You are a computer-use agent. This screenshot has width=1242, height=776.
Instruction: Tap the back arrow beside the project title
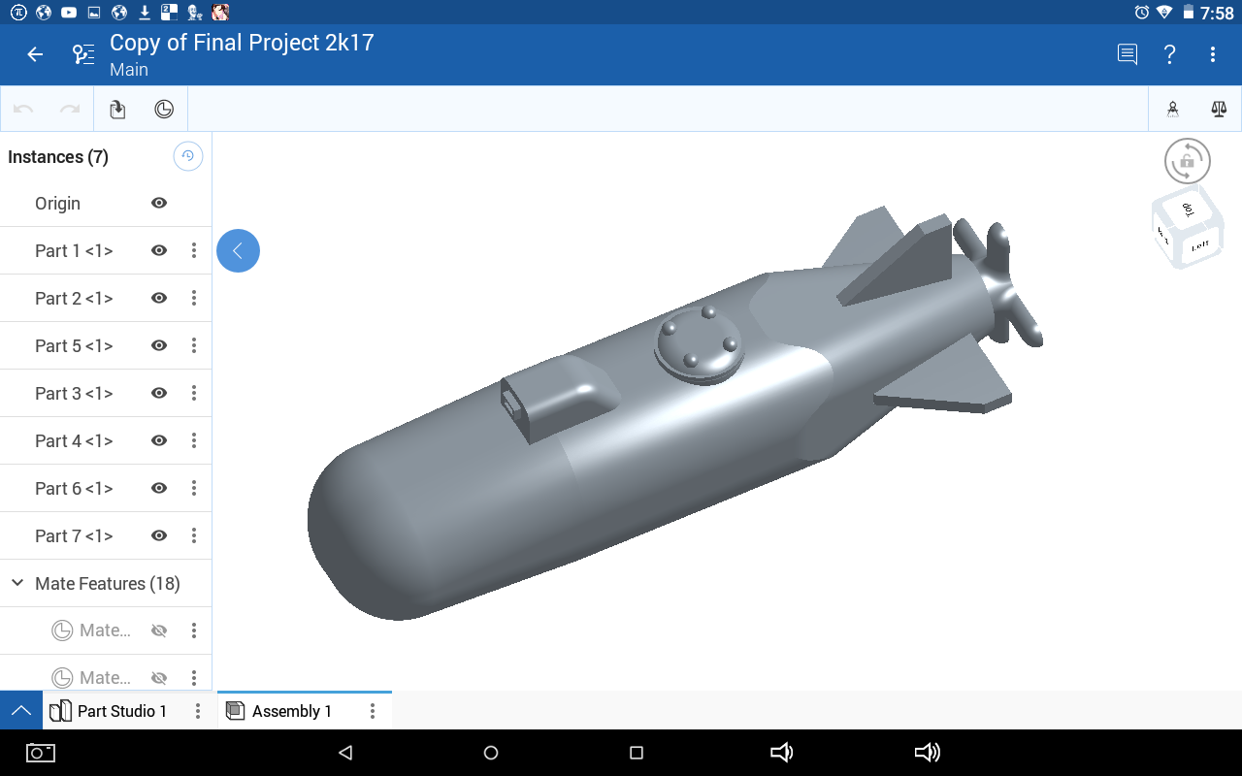pyautogui.click(x=35, y=54)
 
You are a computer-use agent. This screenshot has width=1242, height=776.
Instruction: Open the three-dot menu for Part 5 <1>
pyautogui.click(x=194, y=345)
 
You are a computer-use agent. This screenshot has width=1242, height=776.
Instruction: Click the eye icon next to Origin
pyautogui.click(x=159, y=203)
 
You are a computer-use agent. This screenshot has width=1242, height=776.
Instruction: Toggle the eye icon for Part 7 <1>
pyautogui.click(x=159, y=535)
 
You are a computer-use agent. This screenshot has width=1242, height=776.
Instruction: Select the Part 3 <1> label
pyautogui.click(x=74, y=393)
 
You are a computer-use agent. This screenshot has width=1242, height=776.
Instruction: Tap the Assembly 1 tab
pyautogui.click(x=291, y=711)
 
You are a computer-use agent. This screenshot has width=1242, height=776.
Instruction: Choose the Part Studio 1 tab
pyautogui.click(x=121, y=711)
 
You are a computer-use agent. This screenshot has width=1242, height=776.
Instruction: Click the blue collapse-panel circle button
pyautogui.click(x=238, y=250)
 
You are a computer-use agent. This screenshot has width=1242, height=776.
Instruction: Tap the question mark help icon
pyautogui.click(x=1170, y=54)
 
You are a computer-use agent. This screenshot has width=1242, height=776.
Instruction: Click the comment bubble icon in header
pyautogui.click(x=1128, y=54)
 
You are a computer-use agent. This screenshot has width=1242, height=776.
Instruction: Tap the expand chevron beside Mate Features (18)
pyautogui.click(x=17, y=583)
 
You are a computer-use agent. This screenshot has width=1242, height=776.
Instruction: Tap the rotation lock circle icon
pyautogui.click(x=1188, y=161)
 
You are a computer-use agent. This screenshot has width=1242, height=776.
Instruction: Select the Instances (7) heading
pyautogui.click(x=58, y=157)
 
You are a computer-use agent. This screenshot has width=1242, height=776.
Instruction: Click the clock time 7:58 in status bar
pyautogui.click(x=1217, y=13)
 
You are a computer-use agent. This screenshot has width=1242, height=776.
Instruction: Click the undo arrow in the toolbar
pyautogui.click(x=23, y=110)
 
